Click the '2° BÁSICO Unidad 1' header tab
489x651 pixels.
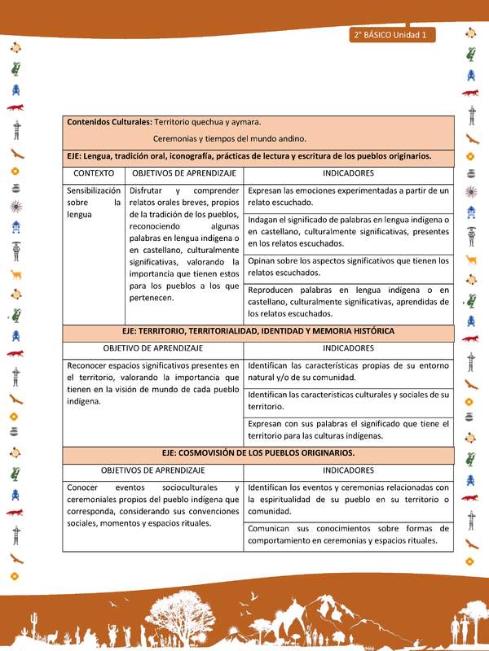click(x=393, y=35)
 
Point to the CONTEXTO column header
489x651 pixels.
click(x=94, y=174)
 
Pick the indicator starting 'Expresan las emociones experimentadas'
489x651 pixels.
click(x=348, y=196)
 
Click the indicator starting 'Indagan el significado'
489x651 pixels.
click(x=348, y=231)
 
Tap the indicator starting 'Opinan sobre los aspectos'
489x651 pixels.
click(x=348, y=267)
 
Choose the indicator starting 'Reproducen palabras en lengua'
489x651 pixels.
click(x=348, y=301)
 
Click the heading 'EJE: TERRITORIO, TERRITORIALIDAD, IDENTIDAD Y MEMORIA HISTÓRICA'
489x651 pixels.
click(x=258, y=331)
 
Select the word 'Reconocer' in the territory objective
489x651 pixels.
click(x=87, y=365)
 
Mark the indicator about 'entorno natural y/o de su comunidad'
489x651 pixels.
click(x=348, y=371)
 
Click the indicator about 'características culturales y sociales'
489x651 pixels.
click(x=348, y=400)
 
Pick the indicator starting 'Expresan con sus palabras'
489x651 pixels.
click(x=348, y=429)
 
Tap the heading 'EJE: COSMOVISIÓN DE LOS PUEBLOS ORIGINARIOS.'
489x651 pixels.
click(x=258, y=452)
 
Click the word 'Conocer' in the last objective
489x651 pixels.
click(x=82, y=487)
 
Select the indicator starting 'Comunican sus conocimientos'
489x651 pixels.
click(x=348, y=534)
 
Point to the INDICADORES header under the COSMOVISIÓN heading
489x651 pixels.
click(x=348, y=470)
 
